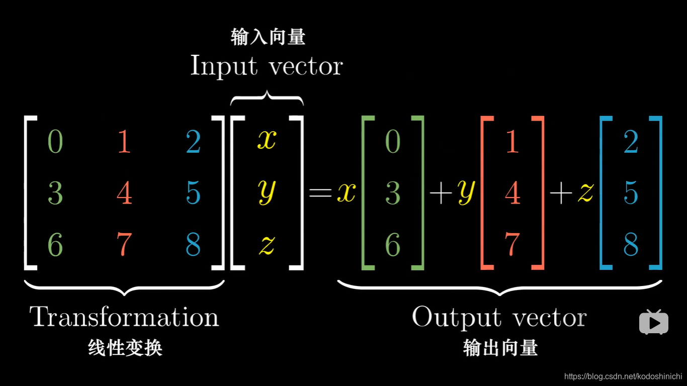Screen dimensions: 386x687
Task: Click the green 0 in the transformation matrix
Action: (55, 142)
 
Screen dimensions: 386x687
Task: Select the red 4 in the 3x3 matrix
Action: (124, 194)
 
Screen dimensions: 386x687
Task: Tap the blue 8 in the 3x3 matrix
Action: (193, 244)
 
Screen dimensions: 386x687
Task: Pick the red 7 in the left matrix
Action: (124, 244)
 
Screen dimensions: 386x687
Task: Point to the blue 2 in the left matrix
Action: (193, 142)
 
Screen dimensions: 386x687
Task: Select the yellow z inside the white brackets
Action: (267, 244)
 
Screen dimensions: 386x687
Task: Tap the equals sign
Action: (320, 192)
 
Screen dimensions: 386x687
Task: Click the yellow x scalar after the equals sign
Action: (346, 192)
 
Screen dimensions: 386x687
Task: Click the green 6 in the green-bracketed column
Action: (393, 244)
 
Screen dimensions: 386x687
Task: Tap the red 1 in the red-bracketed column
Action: (512, 142)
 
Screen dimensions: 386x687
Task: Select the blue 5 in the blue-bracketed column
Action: (631, 194)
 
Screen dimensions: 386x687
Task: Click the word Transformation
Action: (124, 317)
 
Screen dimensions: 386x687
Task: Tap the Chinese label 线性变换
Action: (125, 348)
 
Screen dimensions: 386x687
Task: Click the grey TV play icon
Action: (653, 322)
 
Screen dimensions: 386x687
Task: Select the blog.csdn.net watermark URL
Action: (623, 376)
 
